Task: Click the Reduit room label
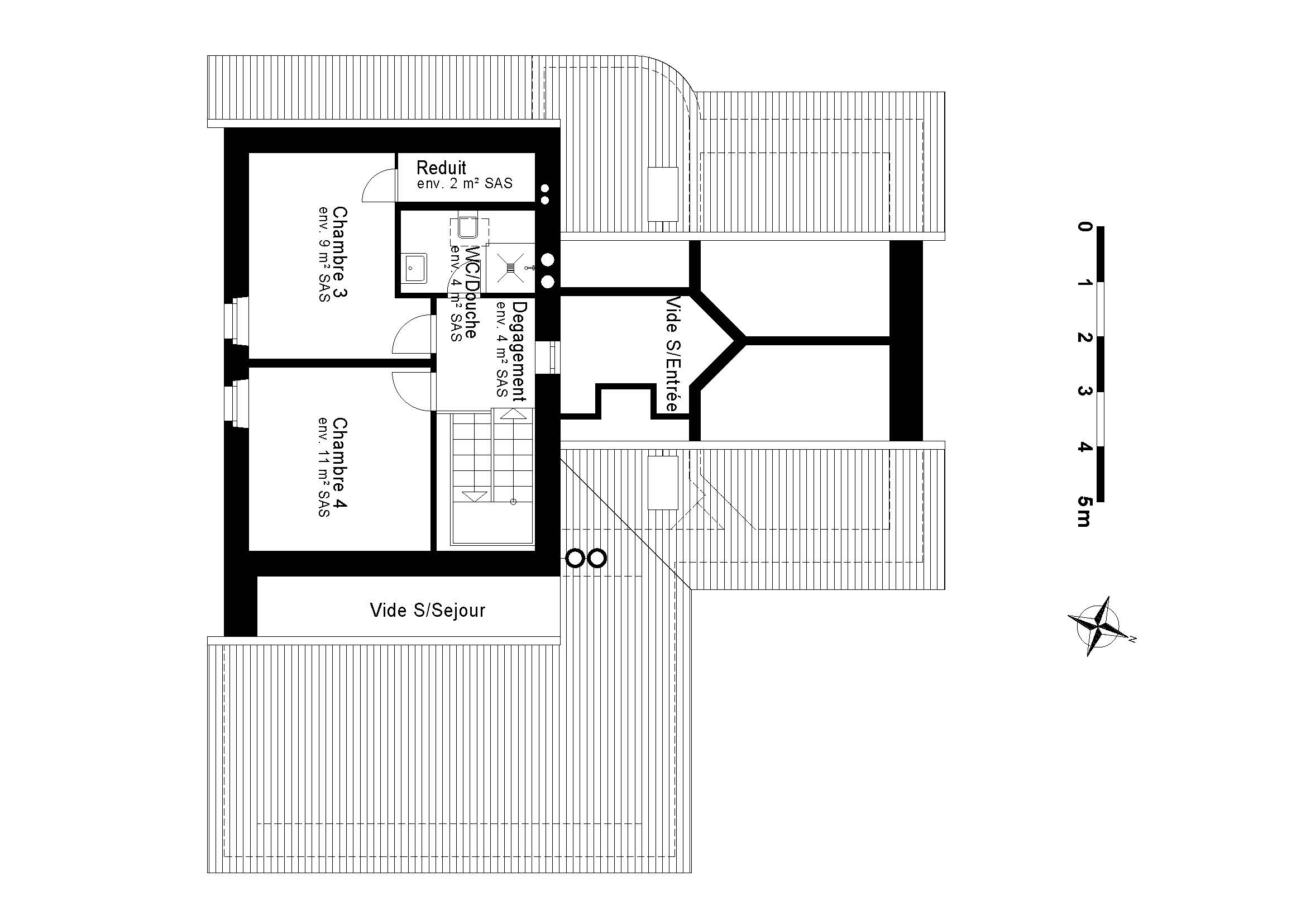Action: click(441, 168)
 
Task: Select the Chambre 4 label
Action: click(340, 463)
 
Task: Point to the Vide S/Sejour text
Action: click(427, 611)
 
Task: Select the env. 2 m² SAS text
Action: click(464, 184)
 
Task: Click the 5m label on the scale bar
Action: click(1084, 512)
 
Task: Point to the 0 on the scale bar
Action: click(1084, 227)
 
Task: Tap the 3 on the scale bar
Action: click(1084, 392)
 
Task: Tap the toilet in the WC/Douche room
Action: click(468, 227)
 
